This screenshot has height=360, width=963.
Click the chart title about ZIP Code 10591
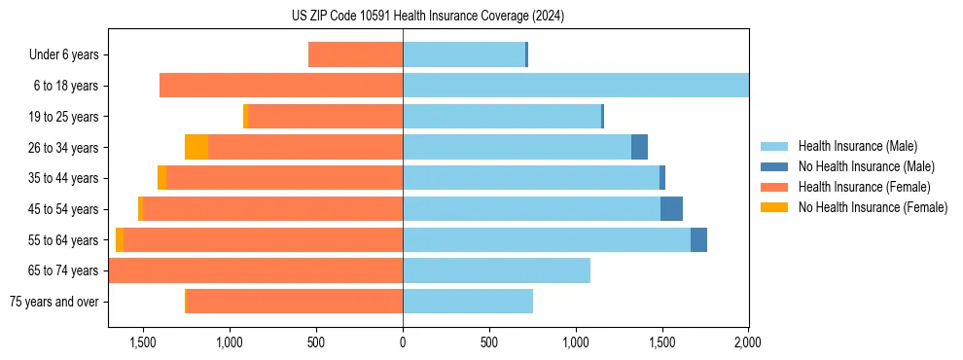tap(428, 17)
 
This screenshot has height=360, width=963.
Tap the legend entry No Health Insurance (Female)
tap(873, 207)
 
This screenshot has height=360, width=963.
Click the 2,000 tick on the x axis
tap(748, 342)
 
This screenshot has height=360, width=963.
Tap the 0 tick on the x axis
tap(403, 342)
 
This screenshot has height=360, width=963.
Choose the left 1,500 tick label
tap(143, 342)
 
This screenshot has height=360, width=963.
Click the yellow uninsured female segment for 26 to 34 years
tap(196, 147)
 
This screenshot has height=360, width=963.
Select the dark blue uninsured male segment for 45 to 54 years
tap(671, 209)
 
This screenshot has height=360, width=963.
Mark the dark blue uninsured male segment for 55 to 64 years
tap(698, 240)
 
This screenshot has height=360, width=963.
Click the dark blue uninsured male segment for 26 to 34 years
tap(639, 147)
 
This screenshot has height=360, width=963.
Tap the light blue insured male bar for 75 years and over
tap(468, 302)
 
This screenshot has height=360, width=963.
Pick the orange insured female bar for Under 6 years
tap(355, 55)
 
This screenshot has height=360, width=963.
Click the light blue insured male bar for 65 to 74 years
tap(496, 270)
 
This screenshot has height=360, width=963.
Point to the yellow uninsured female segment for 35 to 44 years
tap(161, 178)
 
